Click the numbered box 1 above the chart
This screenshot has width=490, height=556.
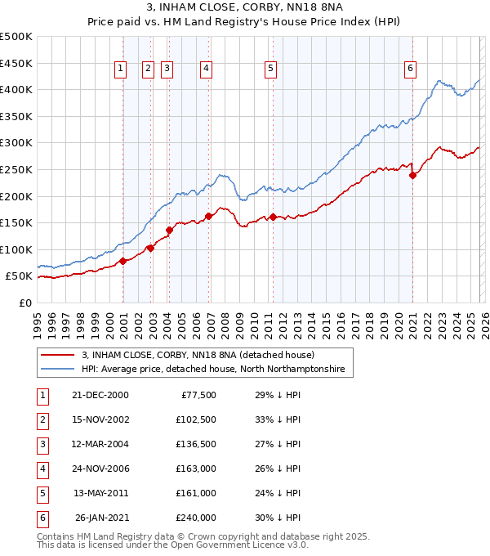coord(120,69)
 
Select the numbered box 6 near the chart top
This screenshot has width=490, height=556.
coord(409,69)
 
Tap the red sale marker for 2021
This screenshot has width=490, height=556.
coord(412,174)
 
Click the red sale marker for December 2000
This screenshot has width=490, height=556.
coord(122,261)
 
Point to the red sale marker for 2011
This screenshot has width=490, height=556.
coord(273,217)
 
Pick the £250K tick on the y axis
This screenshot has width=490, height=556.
coord(16,169)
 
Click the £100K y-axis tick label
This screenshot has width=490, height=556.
coord(16,249)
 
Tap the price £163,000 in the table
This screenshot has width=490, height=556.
coord(196,469)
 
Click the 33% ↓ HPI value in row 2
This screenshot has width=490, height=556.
coord(278,419)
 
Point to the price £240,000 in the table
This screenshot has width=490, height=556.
coord(196,518)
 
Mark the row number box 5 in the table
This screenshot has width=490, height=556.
coord(42,493)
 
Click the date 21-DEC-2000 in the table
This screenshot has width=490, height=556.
coord(100,395)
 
